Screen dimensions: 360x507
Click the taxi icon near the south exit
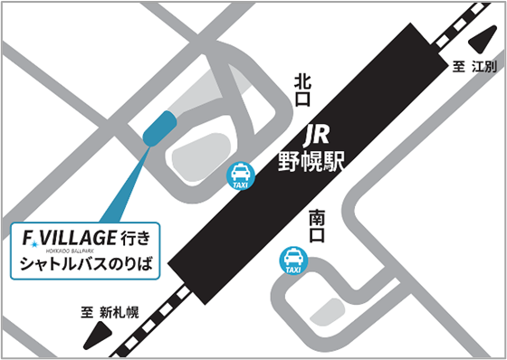292,261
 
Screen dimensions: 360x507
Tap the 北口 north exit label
302,90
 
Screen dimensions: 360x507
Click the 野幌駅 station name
312,164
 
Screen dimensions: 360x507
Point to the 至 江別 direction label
474,66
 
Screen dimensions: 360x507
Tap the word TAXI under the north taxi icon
240,185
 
